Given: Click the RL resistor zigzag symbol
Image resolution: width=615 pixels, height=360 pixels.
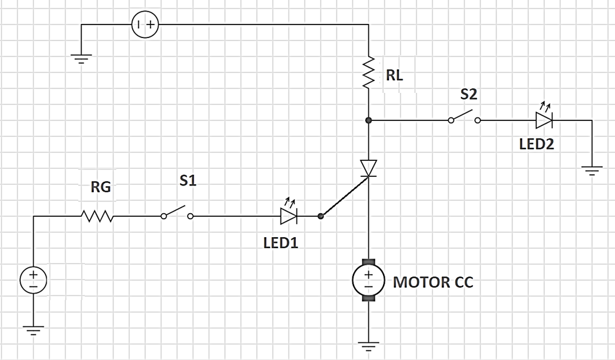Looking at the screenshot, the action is (369, 72).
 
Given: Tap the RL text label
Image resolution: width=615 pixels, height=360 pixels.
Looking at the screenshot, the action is (394, 75).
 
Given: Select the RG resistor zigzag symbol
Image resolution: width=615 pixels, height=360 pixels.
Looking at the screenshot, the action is (97, 216).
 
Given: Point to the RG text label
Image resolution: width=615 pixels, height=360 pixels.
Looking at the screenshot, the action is (101, 187).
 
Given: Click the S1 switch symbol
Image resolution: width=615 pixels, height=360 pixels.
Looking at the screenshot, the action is (177, 212).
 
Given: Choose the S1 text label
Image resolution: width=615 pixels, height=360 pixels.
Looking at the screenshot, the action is (188, 180).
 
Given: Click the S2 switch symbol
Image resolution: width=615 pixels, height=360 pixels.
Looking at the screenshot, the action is (465, 116).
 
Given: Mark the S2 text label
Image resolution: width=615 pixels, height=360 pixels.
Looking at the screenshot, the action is (469, 94).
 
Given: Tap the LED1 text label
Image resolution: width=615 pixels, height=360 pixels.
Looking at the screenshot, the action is (281, 243).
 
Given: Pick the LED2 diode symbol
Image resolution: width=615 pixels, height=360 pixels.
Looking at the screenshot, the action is (544, 117).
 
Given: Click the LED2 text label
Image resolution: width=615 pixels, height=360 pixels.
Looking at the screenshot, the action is (536, 144).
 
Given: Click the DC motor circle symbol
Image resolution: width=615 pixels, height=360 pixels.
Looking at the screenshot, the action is (368, 280).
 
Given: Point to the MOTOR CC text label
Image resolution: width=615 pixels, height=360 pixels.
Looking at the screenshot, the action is (433, 282).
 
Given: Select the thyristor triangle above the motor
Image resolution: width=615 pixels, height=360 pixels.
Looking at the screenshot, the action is (369, 168).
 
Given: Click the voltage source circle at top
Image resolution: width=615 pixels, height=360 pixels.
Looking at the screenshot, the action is (145, 25).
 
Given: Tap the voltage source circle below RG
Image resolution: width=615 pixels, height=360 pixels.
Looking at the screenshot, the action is (33, 280).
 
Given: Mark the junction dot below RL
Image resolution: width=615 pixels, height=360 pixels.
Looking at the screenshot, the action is (368, 120).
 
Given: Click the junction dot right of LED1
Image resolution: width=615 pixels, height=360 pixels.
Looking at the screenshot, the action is (320, 216).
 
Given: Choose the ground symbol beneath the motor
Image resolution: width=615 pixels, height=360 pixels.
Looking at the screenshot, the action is (369, 346).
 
